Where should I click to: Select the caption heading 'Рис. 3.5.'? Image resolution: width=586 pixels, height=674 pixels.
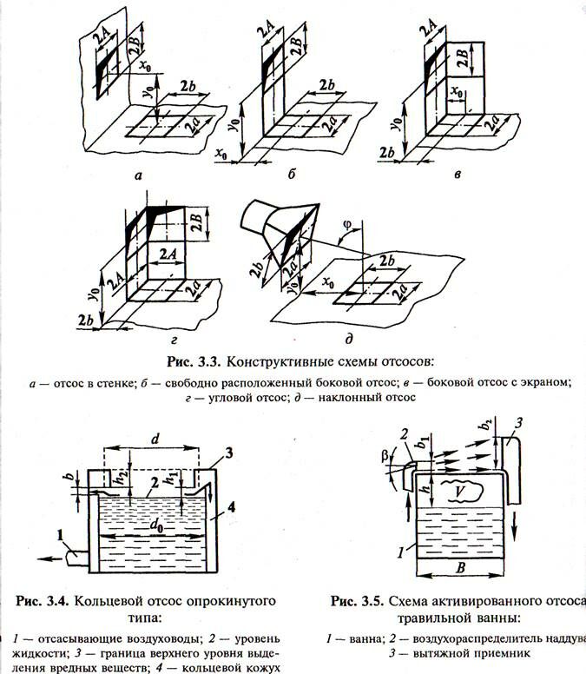pyautogui.click(x=360, y=600)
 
